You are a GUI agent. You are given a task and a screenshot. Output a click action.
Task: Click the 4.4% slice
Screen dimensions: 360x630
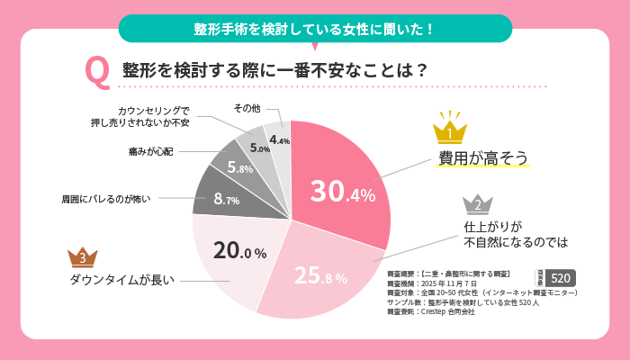pyautogui.click(x=278, y=139)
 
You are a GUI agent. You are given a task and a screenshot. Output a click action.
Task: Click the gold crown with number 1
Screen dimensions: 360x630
pyautogui.click(x=447, y=130)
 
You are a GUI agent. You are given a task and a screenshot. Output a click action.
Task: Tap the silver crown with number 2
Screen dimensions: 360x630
pyautogui.click(x=478, y=204)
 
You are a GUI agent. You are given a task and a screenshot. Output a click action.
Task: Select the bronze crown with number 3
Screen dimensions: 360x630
pyautogui.click(x=83, y=257)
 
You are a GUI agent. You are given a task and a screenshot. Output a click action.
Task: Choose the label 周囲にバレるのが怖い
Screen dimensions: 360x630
pyautogui.click(x=106, y=197)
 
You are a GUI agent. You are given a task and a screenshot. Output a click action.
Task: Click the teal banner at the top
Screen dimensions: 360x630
pyautogui.click(x=314, y=28)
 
